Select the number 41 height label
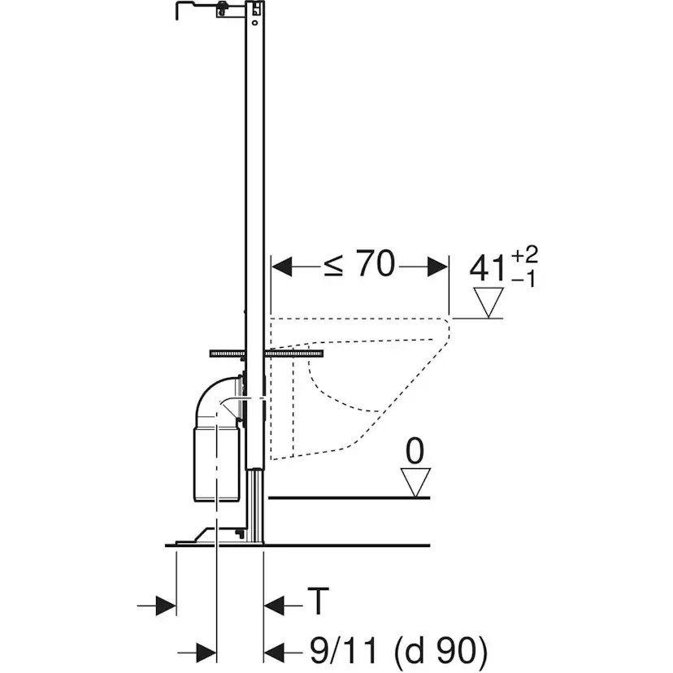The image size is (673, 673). pyautogui.click(x=488, y=269)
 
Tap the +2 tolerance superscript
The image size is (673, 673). pyautogui.click(x=524, y=255)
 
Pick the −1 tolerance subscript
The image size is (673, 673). pyautogui.click(x=523, y=280)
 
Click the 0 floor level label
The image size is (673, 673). pyautogui.click(x=415, y=451)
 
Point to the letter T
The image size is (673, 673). pyautogui.click(x=318, y=601)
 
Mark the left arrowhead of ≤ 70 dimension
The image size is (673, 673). pyautogui.click(x=282, y=267)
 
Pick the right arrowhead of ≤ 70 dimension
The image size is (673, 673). pyautogui.click(x=437, y=267)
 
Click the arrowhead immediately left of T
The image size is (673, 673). pyautogui.click(x=274, y=606)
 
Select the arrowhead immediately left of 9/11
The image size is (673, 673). pyautogui.click(x=274, y=653)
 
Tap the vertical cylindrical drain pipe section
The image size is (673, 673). pyautogui.click(x=217, y=464)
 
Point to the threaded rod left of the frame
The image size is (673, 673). pyautogui.click(x=228, y=354)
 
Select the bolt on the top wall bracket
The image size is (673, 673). pyautogui.click(x=222, y=8)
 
